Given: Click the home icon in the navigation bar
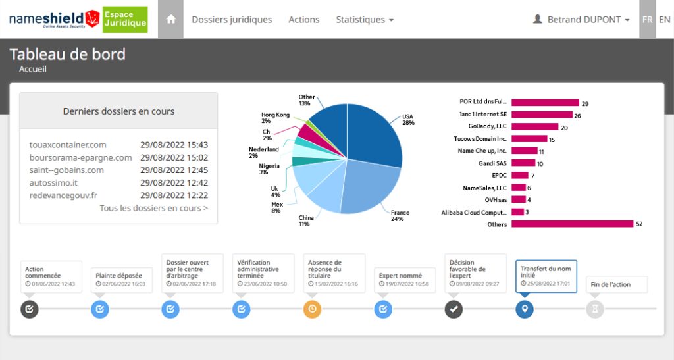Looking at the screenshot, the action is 171,19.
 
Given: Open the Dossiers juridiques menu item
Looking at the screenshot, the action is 232,20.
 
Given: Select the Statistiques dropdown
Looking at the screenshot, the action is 365,20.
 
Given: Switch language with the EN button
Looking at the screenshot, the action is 665,20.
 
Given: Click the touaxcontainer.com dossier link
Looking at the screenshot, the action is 68,145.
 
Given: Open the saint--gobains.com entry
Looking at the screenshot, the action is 66,170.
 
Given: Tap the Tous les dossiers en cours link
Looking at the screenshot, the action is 154,208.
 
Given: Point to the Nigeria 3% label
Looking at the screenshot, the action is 269,169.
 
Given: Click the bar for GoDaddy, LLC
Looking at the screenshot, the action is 534,127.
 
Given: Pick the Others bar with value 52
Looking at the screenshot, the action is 573,224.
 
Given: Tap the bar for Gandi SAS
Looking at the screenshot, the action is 523,163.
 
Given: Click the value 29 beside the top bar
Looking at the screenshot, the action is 585,103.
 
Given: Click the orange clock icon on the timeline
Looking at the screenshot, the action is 312,309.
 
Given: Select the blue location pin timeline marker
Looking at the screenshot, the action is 525,309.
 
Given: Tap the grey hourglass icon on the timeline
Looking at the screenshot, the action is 595,309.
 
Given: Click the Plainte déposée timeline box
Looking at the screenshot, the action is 122,280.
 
